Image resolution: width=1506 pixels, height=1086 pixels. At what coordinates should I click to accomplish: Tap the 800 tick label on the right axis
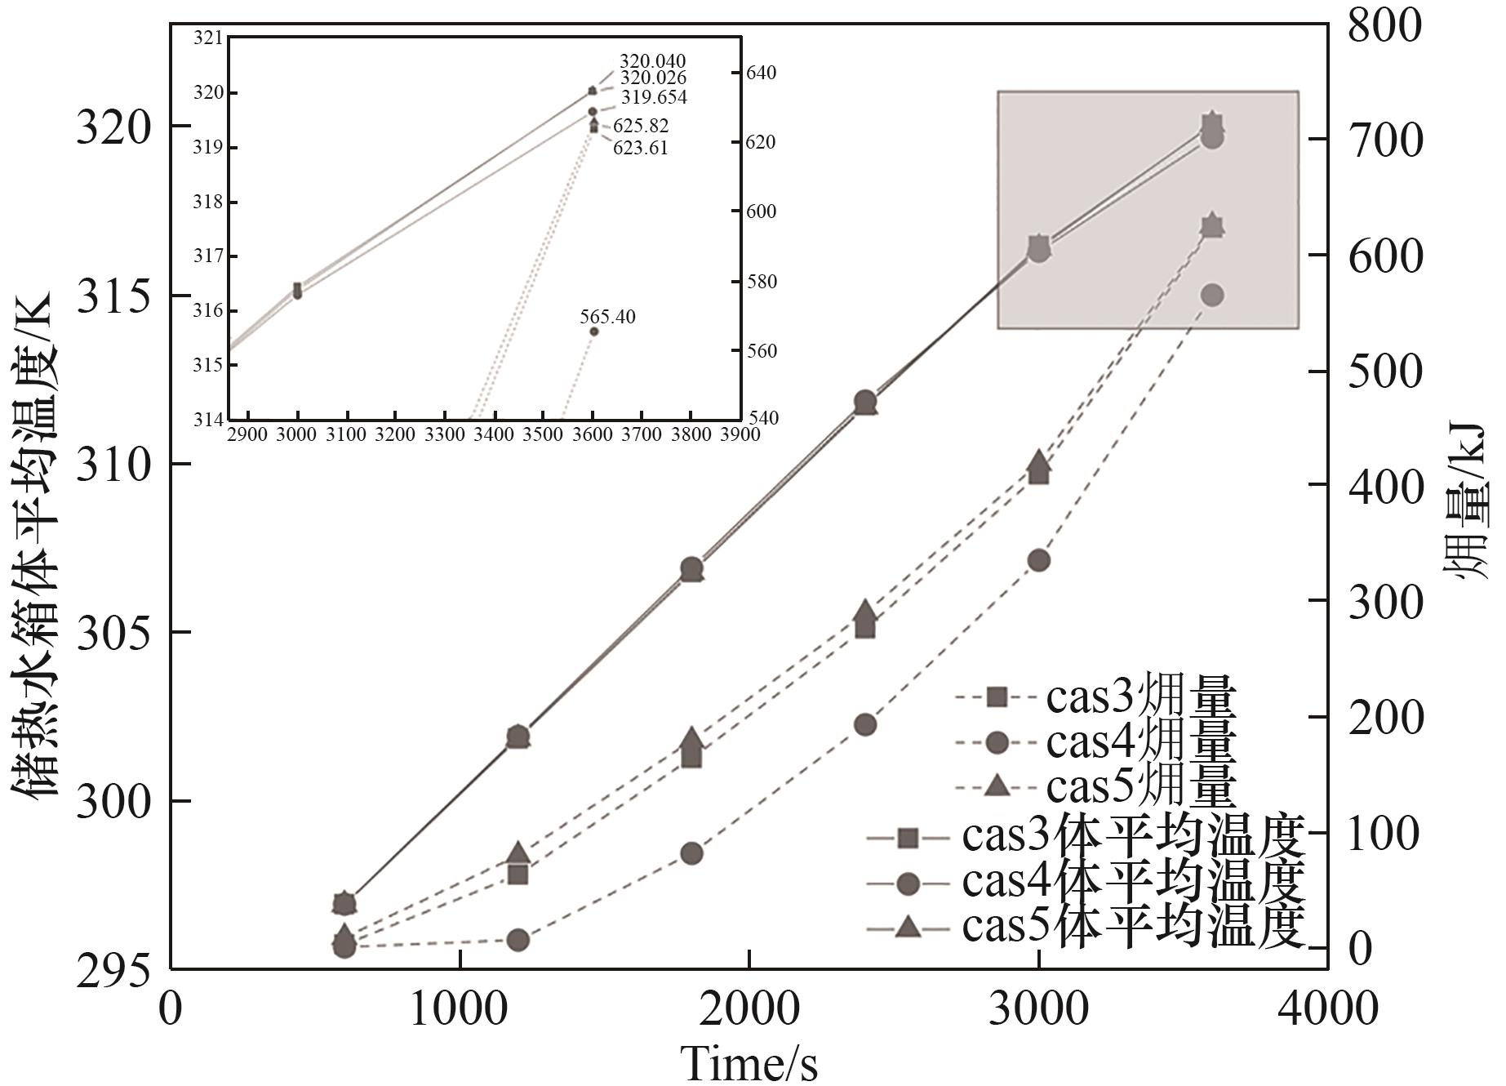pyautogui.click(x=1384, y=25)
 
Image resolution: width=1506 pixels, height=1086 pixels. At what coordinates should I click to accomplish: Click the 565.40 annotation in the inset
pyautogui.click(x=607, y=317)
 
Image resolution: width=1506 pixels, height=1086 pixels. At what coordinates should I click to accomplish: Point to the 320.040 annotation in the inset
pyautogui.click(x=652, y=62)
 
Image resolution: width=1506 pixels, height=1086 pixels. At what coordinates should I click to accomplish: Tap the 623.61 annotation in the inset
pyautogui.click(x=640, y=148)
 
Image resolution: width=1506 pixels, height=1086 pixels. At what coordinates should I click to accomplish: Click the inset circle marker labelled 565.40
pyautogui.click(x=593, y=332)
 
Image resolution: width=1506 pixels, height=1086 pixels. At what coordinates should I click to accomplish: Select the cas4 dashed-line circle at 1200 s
pyautogui.click(x=518, y=940)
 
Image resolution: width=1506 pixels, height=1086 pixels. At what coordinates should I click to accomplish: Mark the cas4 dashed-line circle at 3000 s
pyautogui.click(x=1038, y=560)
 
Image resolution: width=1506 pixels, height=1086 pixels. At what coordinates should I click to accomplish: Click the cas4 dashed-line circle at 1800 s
pyautogui.click(x=691, y=853)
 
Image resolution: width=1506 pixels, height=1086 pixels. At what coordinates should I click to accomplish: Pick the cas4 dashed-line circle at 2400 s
pyautogui.click(x=865, y=724)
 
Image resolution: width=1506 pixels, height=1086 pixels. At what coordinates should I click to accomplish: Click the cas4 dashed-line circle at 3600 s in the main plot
pyautogui.click(x=1212, y=295)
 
